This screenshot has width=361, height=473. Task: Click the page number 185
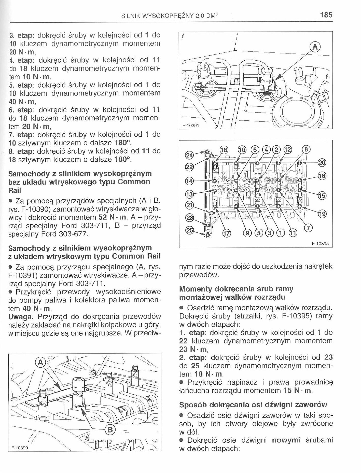tap(326, 15)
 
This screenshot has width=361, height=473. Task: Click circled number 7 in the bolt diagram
tap(309, 228)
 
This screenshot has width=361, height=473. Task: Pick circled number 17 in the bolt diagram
tap(226, 233)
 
